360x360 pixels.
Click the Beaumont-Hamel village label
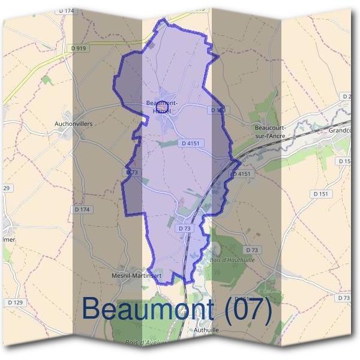point(161,107)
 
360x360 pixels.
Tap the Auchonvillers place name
point(68,125)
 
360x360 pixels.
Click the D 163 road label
point(218,110)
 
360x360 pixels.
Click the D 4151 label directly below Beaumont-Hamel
point(190,143)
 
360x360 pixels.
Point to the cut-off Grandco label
point(343,130)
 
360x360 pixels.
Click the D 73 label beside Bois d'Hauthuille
point(253,250)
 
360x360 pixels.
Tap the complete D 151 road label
point(321,194)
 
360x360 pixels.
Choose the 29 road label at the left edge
point(6,188)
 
